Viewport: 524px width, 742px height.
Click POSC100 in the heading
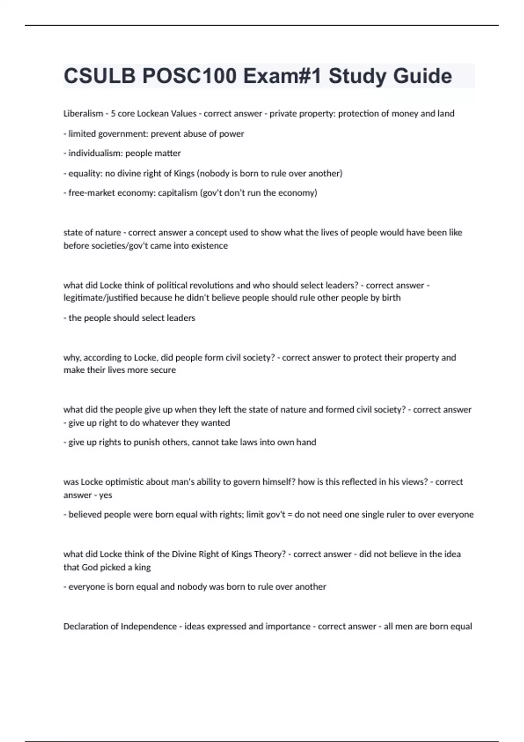click(x=190, y=76)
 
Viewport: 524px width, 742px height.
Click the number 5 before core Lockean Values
click(x=113, y=113)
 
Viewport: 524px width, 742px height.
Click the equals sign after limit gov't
click(x=289, y=515)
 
